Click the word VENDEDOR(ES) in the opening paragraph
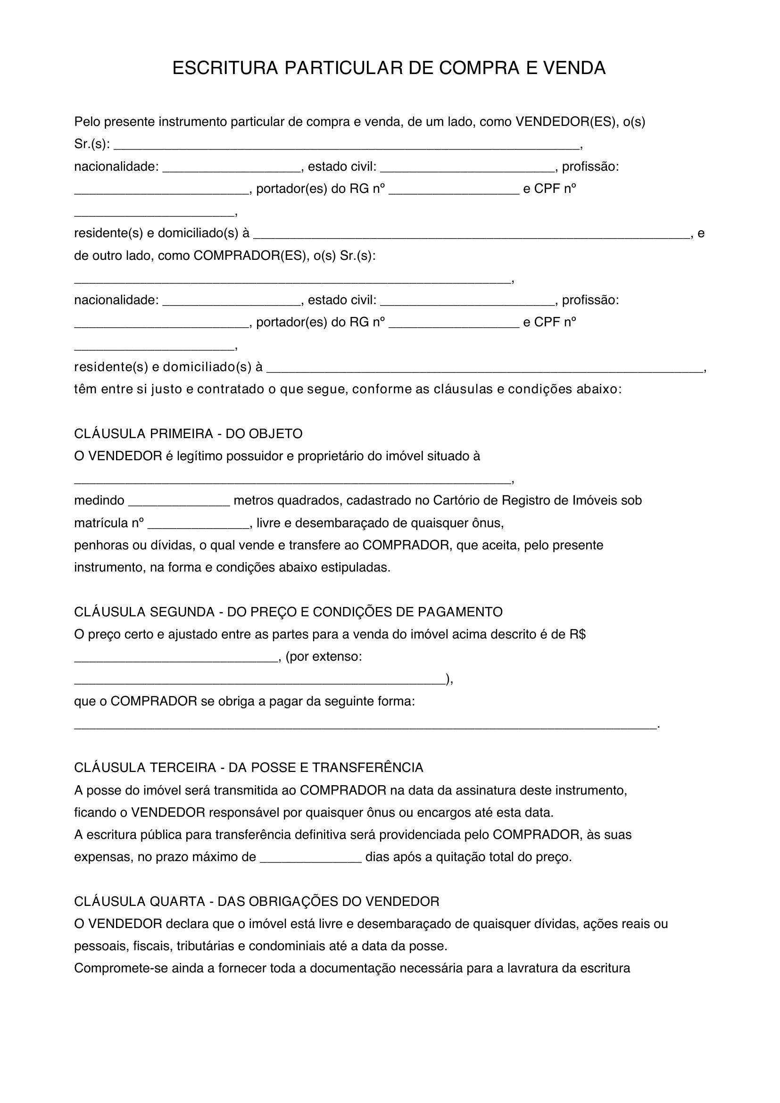[x=566, y=122]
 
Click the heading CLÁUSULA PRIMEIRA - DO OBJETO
[x=188, y=434]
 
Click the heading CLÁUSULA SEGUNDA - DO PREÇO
[x=288, y=612]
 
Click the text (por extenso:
[x=323, y=657]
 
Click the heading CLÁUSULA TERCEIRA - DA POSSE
[x=249, y=768]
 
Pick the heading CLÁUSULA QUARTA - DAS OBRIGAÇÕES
[x=257, y=902]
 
